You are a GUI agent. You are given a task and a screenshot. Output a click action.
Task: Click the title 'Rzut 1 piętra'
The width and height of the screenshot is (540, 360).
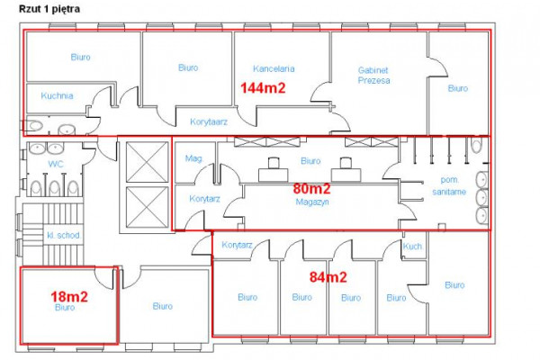(49, 9)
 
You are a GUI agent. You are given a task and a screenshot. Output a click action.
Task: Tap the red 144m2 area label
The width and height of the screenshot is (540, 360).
(263, 88)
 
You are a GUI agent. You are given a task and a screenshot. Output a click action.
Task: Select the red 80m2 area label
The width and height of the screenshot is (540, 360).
(311, 188)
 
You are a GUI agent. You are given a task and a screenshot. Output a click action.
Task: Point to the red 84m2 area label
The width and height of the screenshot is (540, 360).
(328, 277)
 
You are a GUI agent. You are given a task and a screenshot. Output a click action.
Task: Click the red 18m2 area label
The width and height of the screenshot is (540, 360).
(69, 296)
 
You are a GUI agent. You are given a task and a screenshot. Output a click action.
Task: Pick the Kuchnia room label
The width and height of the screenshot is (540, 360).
(57, 95)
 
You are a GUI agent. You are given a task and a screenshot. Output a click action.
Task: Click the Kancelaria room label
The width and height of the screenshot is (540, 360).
(274, 68)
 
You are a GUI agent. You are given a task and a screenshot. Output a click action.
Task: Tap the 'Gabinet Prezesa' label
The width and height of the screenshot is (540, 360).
(374, 76)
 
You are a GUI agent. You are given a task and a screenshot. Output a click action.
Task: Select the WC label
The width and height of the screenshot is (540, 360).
(56, 164)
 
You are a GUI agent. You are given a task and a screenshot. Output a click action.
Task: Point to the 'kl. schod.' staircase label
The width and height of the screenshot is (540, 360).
(64, 235)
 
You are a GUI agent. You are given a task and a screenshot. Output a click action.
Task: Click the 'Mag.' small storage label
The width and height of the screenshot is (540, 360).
(194, 158)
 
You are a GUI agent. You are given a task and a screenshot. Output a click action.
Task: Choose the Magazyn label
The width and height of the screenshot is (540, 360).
(312, 202)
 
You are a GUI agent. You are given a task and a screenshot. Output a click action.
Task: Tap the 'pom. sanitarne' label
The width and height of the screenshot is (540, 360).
(449, 185)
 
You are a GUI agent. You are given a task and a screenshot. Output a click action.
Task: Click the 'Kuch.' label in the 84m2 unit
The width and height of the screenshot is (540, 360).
(412, 247)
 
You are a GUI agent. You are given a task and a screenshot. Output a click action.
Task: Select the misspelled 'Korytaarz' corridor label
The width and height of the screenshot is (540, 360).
(209, 122)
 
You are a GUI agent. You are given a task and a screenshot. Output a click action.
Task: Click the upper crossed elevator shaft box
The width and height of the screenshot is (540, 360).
(147, 162)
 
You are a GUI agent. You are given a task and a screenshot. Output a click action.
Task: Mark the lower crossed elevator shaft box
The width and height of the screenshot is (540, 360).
(147, 207)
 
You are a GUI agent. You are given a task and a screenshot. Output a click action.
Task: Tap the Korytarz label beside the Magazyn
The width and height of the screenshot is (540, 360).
(204, 199)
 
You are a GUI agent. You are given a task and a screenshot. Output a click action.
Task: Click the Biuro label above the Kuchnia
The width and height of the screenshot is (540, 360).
(81, 57)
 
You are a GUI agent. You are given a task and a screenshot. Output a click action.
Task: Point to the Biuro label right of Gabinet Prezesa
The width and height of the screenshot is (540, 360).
(458, 88)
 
